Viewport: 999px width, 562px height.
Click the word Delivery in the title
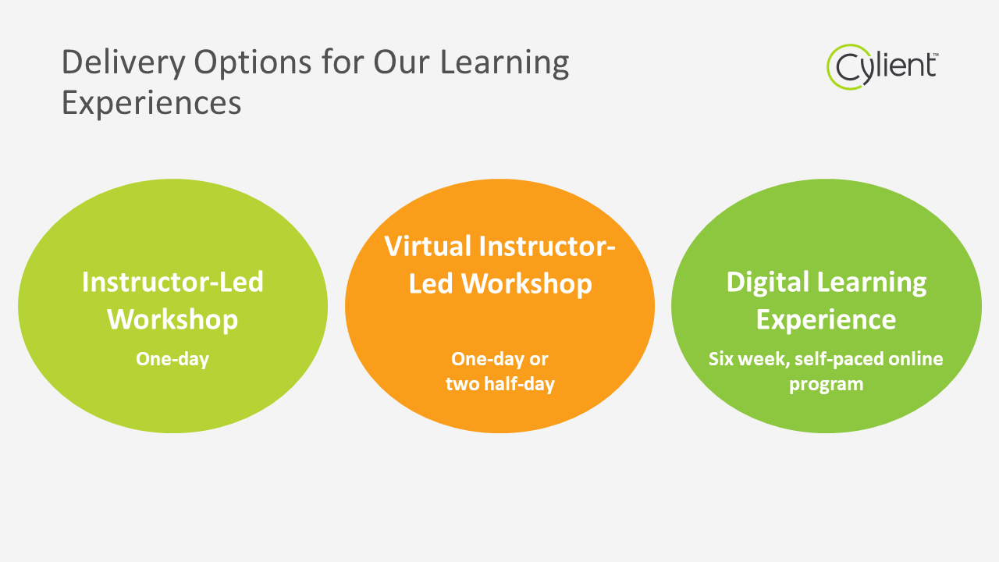pos(123,62)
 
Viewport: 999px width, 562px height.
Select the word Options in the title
pos(252,62)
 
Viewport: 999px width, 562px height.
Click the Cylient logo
pos(882,67)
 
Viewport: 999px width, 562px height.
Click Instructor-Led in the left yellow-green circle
pos(172,283)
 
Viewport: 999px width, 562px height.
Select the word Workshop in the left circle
pos(172,319)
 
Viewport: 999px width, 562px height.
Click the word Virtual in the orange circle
pos(428,246)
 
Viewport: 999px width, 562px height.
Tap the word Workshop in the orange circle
pos(527,283)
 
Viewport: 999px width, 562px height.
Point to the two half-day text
pos(500,384)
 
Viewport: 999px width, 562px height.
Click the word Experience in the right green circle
pos(826,319)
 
